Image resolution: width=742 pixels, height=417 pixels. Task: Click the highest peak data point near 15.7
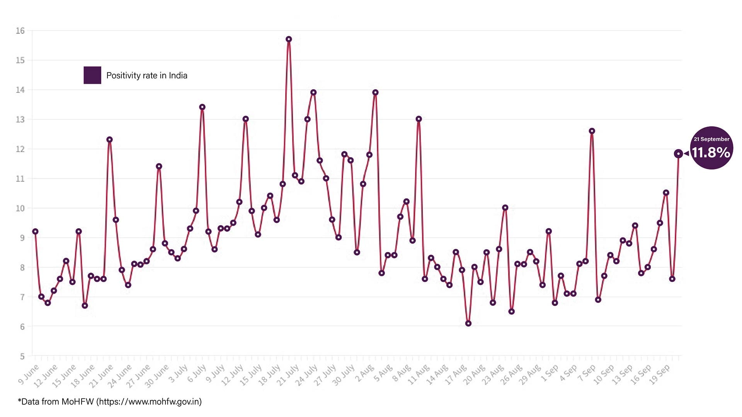[289, 39]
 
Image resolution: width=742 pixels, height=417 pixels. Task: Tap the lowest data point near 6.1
[468, 324]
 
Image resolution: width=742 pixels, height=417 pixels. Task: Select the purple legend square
[92, 75]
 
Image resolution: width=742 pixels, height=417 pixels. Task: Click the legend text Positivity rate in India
[147, 76]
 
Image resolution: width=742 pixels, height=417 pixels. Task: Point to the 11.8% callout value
[711, 153]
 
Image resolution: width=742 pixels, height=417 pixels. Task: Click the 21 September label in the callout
[711, 139]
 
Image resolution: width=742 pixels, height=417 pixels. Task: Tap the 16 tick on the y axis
[20, 31]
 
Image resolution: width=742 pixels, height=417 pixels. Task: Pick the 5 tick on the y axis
[22, 356]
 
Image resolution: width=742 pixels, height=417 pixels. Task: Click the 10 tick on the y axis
[20, 208]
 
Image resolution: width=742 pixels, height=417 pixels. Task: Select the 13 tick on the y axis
[20, 120]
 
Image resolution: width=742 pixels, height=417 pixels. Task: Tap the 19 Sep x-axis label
[659, 374]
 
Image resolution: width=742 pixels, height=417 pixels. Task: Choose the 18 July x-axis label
[269, 375]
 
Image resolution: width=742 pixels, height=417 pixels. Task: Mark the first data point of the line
[35, 232]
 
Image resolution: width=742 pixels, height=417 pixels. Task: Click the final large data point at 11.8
[678, 154]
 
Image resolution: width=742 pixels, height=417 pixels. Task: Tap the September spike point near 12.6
[592, 131]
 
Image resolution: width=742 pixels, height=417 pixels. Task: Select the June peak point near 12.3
[109, 140]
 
